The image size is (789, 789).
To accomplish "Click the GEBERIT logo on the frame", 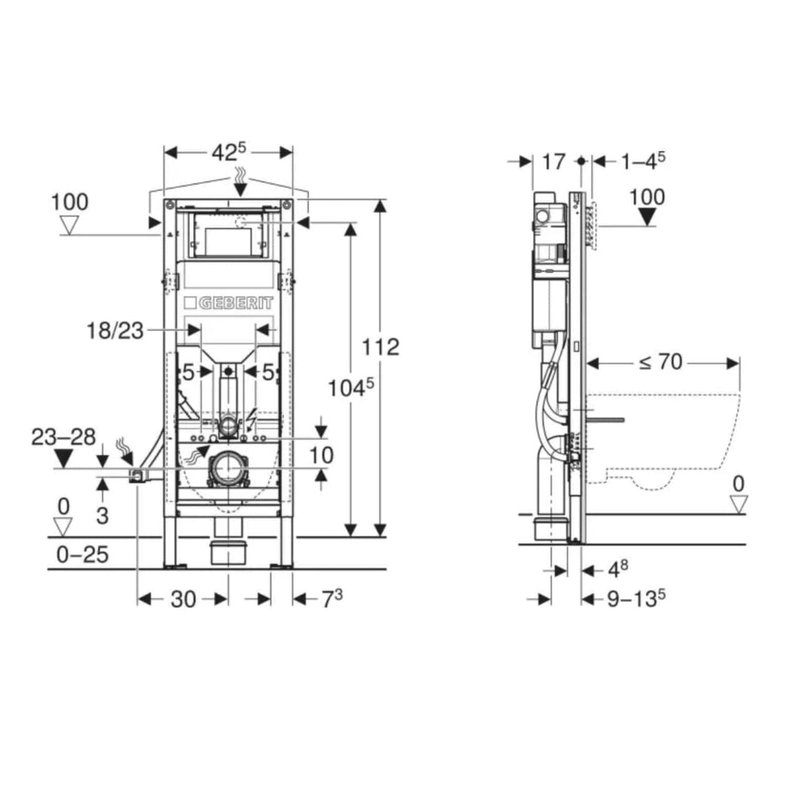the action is (x=229, y=303).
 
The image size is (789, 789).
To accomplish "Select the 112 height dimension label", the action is (x=381, y=347).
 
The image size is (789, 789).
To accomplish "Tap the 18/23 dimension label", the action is (x=115, y=331).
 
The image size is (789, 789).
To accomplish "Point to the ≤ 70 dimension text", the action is (x=660, y=362).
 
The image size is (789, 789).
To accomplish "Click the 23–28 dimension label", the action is (x=64, y=437).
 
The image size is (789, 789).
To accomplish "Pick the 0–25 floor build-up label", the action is (x=83, y=554).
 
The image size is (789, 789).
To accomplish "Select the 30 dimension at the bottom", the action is (x=183, y=599).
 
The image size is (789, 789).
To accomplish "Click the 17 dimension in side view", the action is (x=553, y=162).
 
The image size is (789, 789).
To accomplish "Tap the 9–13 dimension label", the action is (x=636, y=598).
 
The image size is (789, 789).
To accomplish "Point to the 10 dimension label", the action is (x=321, y=456).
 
